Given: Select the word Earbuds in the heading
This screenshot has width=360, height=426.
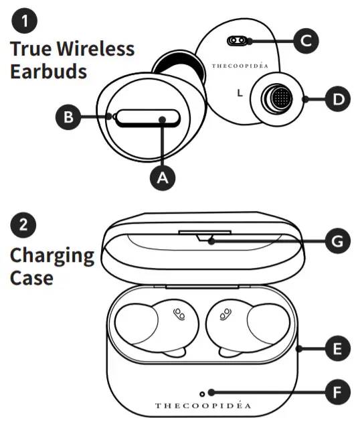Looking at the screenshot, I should click(48, 72).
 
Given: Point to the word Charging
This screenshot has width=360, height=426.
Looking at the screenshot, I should click(52, 255).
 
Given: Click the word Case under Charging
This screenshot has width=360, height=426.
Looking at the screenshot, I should click(31, 277).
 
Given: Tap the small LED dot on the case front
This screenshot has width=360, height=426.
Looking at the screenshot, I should click(211, 392).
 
